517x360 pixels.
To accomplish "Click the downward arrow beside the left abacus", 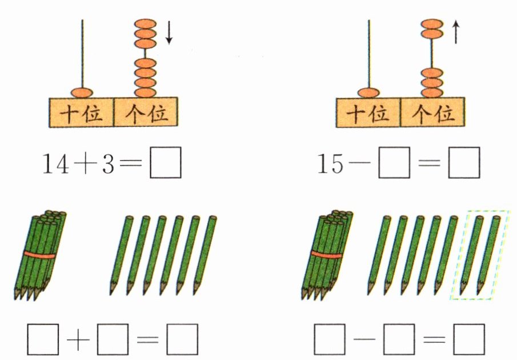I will (169, 33).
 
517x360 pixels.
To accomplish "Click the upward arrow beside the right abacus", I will (455, 32).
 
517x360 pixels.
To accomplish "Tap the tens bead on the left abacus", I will (82, 92).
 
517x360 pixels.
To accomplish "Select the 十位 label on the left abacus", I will (82, 113).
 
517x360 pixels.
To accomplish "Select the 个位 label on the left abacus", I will (146, 113).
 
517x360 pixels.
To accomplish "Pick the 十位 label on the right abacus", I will (368, 113).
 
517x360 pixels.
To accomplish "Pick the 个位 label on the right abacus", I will (432, 113).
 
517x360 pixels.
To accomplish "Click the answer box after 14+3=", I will (166, 163).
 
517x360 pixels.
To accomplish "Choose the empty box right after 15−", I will (395, 163).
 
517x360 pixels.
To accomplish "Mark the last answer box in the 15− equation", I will (463, 163).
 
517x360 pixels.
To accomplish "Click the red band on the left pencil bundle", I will (39, 254).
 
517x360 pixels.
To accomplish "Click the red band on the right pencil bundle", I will (326, 254).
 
